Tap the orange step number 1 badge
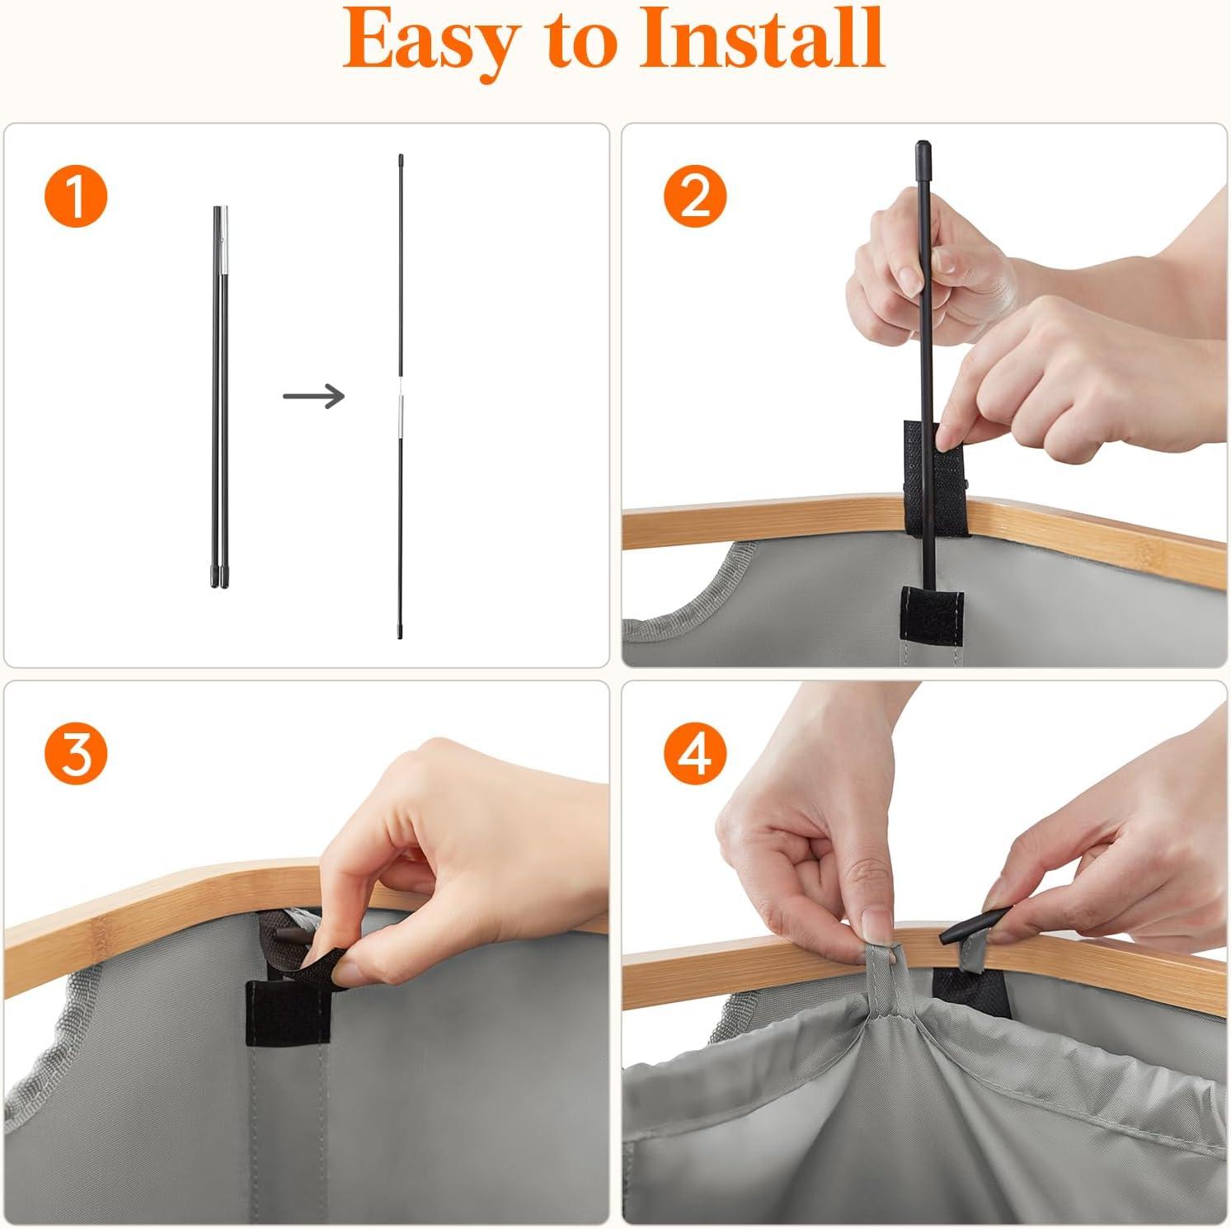pyautogui.click(x=76, y=197)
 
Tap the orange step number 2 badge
pyautogui.click(x=695, y=197)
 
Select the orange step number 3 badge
pyautogui.click(x=76, y=753)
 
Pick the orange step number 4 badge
pyautogui.click(x=695, y=753)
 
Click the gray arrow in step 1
pyautogui.click(x=313, y=396)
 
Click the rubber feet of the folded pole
pyautogui.click(x=219, y=575)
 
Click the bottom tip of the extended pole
pyautogui.click(x=401, y=633)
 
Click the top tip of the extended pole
pyautogui.click(x=401, y=159)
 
